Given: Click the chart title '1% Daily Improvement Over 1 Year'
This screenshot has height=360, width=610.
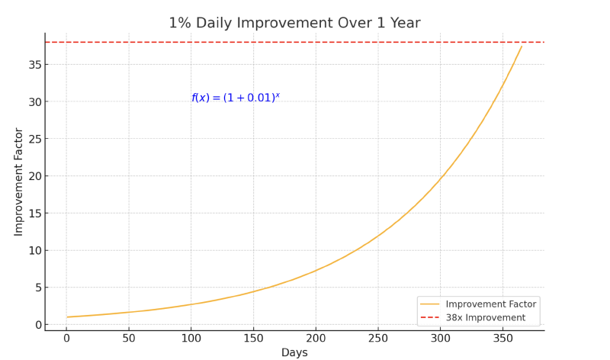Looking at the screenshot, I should point(305,23).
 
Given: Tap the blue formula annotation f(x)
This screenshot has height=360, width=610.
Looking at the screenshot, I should point(236,98).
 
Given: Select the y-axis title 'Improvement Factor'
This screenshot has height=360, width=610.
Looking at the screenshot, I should point(19,182).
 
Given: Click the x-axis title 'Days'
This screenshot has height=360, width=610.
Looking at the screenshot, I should point(294,353).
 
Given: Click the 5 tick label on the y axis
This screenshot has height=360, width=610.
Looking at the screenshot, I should point(36,288).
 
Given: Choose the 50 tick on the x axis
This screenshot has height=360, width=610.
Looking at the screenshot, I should point(129,338).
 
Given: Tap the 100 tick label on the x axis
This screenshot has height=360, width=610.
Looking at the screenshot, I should point(191,338).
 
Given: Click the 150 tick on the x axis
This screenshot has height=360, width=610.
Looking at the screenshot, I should point(253,338).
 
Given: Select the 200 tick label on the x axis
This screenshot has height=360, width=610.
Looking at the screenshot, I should point(316,338).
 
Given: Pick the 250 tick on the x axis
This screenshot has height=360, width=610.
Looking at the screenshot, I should point(378,338).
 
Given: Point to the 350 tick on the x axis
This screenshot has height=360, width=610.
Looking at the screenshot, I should point(502,338).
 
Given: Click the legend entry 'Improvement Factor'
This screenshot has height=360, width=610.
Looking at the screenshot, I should point(490,304).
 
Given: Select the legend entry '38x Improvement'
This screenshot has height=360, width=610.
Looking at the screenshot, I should point(485,318).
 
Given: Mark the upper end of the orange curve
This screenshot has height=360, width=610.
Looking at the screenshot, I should point(522,47).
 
